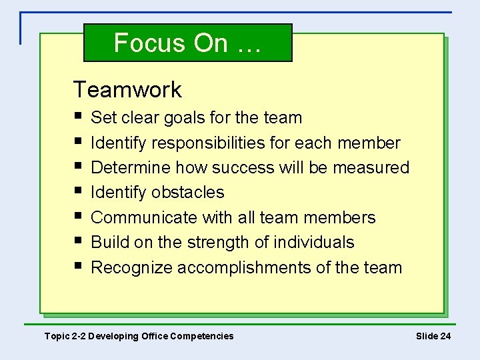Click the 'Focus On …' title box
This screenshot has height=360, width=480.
(188, 43)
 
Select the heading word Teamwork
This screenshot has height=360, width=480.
(127, 89)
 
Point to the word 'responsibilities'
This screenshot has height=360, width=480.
(209, 143)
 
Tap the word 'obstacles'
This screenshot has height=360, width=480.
(188, 192)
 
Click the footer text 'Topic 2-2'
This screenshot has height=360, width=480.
(65, 336)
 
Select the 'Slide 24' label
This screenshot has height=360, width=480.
(433, 336)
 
